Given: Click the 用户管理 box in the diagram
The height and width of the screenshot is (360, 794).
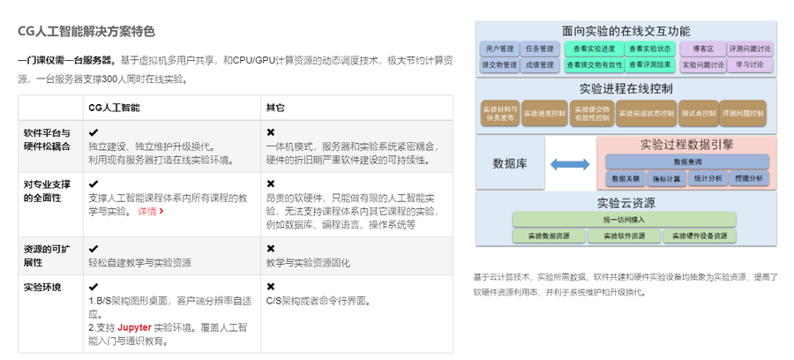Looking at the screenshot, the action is coord(500,49).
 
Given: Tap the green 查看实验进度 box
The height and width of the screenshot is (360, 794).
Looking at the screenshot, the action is coord(594,49).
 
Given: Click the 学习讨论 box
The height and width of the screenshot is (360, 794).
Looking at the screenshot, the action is coord(749,64).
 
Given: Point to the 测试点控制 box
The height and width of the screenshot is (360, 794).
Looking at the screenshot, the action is coord(697,113).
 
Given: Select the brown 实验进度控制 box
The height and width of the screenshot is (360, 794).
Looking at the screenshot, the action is coord(543,113).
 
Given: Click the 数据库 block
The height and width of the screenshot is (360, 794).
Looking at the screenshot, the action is coord(510,163).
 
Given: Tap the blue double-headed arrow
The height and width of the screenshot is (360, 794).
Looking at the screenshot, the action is coord(569,164).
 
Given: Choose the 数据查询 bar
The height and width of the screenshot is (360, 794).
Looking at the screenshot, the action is coord(687,161).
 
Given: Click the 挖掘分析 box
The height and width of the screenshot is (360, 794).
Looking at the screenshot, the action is coord(749,177).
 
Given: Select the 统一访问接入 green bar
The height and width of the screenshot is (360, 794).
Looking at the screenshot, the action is coord(625,220).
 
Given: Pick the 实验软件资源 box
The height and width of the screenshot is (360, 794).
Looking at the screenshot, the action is coord(624,236).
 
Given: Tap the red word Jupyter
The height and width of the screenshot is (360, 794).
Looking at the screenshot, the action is coord(134,327).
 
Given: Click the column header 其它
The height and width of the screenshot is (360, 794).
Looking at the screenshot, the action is coord(276,107).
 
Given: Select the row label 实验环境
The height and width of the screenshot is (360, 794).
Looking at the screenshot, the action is coord(43,287).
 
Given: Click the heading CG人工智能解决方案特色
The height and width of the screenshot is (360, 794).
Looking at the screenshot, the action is coord(86,31).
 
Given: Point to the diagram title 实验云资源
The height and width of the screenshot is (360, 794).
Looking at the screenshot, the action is coord(624,203).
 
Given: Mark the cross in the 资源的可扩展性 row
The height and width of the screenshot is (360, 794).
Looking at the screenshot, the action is coord(270,249).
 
